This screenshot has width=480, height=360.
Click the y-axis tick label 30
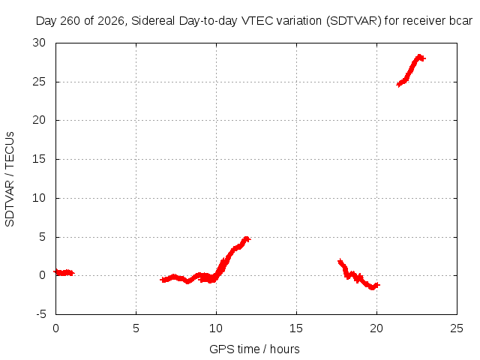[39, 43]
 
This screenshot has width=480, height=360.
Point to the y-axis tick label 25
[39, 82]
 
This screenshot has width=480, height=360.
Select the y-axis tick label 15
[39, 159]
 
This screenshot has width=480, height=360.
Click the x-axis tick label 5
[136, 328]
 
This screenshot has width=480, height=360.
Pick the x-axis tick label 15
[296, 328]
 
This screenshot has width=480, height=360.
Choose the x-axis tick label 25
[457, 328]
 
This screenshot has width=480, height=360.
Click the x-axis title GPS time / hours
[254, 349]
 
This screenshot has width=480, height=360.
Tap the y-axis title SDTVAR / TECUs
[10, 179]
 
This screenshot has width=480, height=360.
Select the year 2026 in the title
[111, 21]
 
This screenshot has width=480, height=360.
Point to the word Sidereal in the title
[153, 21]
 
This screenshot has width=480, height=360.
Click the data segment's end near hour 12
[248, 239]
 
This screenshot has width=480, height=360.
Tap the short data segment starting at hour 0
[64, 272]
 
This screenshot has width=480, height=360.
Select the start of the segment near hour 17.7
[340, 262]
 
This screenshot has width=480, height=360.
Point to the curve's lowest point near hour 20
[372, 287]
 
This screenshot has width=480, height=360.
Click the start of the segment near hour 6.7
[162, 280]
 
